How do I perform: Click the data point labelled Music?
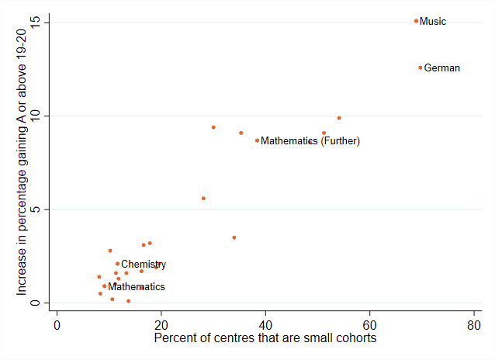coord(416,21)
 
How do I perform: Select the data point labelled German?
coord(421,67)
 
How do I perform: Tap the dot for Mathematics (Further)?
coord(257,140)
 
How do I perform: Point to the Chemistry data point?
coord(117,264)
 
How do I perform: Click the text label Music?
coord(433,22)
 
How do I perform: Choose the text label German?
coord(442,68)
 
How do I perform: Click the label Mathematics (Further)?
coord(310,141)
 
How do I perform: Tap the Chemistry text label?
coord(144,265)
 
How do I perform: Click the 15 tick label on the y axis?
coord(35,22)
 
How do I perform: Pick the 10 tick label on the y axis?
coord(35,116)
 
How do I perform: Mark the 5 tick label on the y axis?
coord(35,209)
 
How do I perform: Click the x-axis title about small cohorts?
coord(265,339)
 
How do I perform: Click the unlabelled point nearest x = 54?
coord(339,118)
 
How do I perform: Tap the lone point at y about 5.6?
coord(203,199)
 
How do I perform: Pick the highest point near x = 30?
coord(213,127)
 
